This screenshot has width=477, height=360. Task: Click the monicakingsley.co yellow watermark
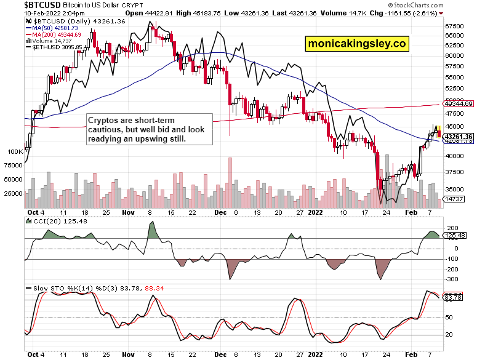pyautogui.click(x=357, y=43)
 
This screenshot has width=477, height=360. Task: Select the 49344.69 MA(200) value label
pyautogui.click(x=459, y=104)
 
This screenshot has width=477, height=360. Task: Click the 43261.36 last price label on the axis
pyautogui.click(x=459, y=137)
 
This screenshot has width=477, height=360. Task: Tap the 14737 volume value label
pyautogui.click(x=455, y=199)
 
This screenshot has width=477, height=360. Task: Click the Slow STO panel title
pyautogui.click(x=67, y=287)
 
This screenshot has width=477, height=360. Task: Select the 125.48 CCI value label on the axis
pyautogui.click(x=456, y=235)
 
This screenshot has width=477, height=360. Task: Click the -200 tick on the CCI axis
pyautogui.click(x=452, y=268)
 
